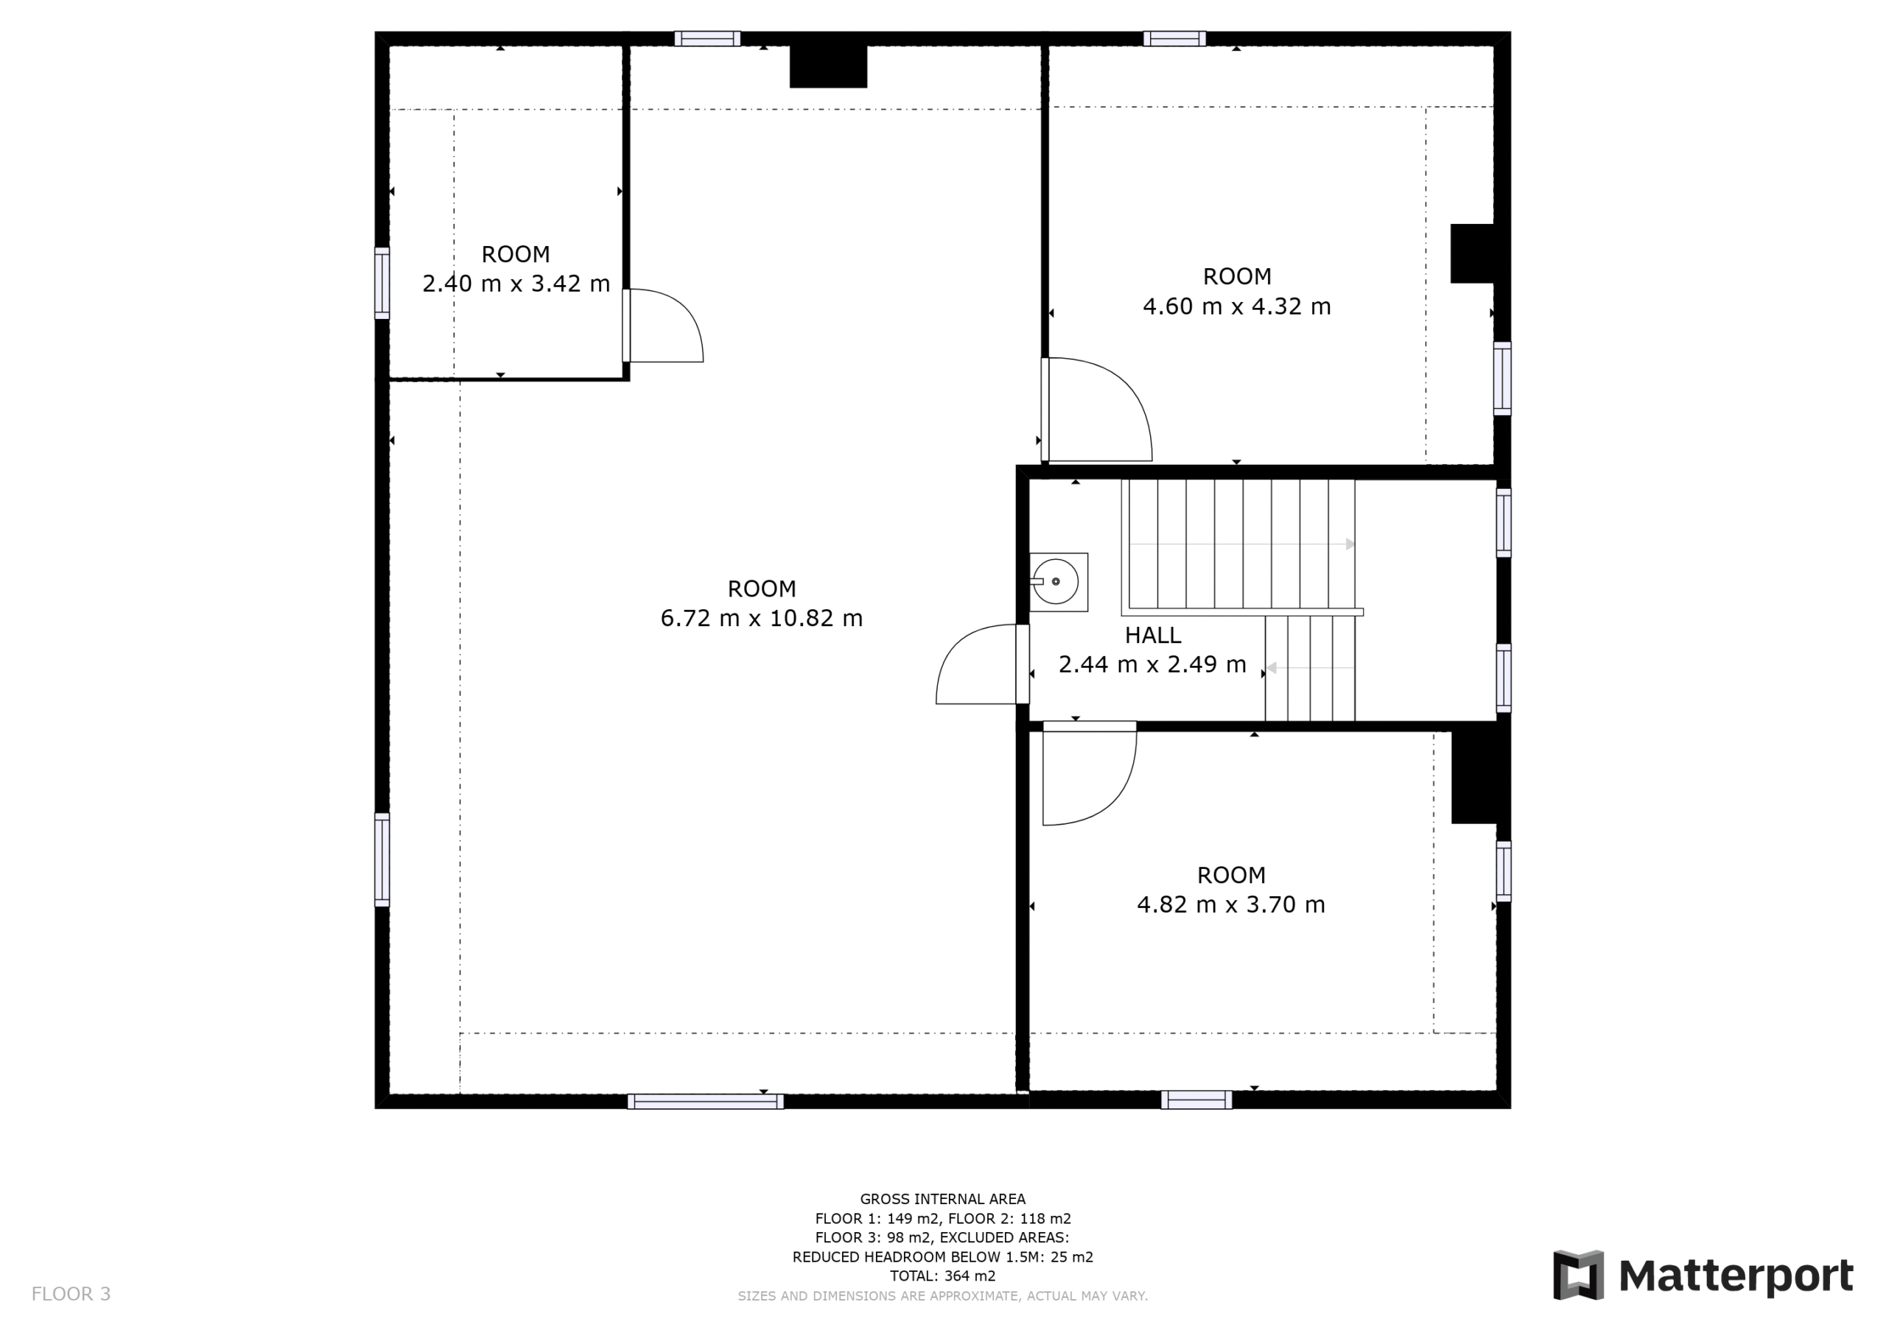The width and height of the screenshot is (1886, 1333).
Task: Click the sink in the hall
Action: pyautogui.click(x=1058, y=582)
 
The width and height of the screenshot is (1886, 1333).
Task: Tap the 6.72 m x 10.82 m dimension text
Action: pyautogui.click(x=762, y=618)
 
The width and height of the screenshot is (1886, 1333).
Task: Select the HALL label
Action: pyautogui.click(x=1152, y=635)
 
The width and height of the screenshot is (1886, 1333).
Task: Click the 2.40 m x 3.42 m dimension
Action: pyautogui.click(x=516, y=284)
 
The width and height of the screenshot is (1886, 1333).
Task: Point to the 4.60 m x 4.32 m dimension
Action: pyautogui.click(x=1236, y=306)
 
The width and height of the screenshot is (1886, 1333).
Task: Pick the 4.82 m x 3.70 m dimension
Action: pyautogui.click(x=1230, y=904)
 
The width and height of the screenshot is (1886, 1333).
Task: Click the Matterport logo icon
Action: pyautogui.click(x=1578, y=1275)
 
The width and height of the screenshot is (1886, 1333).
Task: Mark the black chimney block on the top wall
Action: pyautogui.click(x=828, y=66)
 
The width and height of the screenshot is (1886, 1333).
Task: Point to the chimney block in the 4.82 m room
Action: pyautogui.click(x=1473, y=777)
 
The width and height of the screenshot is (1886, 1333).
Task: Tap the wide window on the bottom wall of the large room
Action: pyautogui.click(x=706, y=1102)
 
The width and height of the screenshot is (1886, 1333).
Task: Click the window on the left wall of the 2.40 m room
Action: pyautogui.click(x=382, y=283)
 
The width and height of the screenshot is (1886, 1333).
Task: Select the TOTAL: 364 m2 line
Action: pyautogui.click(x=942, y=1276)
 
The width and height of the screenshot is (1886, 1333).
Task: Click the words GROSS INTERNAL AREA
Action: pyautogui.click(x=942, y=1199)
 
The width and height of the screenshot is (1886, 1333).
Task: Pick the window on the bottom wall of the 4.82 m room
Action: pyautogui.click(x=1196, y=1100)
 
